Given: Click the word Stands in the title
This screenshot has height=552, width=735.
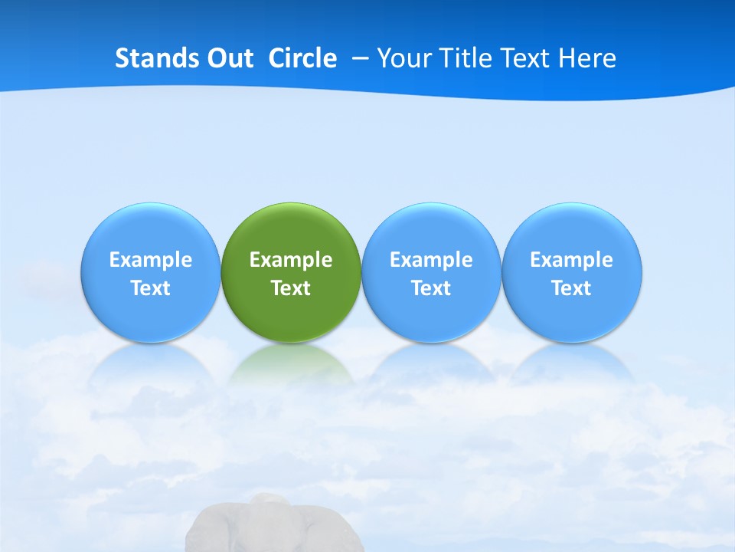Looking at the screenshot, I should tap(158, 58).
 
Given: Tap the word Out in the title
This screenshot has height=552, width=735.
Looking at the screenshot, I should tap(232, 58).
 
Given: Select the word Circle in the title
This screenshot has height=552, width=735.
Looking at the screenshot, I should tap(302, 58).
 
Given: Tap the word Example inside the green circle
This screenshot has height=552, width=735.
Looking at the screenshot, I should tap(291, 260).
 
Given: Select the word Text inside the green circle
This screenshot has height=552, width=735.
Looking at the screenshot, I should tap(291, 288).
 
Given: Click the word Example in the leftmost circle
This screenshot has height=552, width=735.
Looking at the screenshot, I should tap(151, 260).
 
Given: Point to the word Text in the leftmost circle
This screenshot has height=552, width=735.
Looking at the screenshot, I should tap(151, 288).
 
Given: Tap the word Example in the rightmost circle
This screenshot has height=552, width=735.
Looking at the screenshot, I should tap(572, 260).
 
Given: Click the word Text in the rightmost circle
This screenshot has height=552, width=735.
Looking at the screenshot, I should tap(572, 288).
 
